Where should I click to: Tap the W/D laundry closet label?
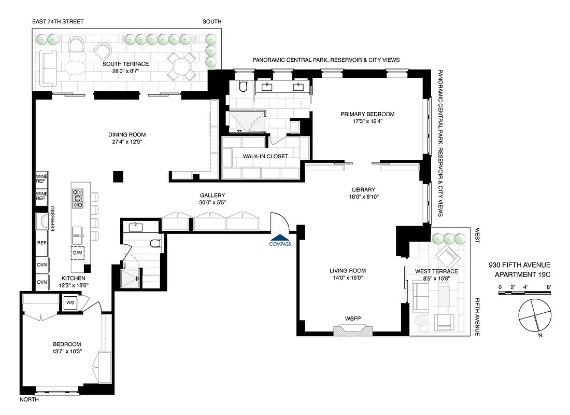[x=69, y=302]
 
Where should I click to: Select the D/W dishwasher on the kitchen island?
[x=78, y=253]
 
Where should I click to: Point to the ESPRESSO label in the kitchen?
[x=52, y=218]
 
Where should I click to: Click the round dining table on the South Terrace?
[x=182, y=66]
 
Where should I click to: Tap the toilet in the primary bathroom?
[x=245, y=86]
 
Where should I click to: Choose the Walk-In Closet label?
[x=265, y=156]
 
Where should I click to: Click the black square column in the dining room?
[x=119, y=176]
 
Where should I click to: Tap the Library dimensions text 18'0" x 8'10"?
[x=362, y=197]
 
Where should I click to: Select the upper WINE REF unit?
[x=41, y=179]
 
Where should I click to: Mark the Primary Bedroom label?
[x=367, y=114]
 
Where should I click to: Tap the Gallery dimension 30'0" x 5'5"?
[x=212, y=203]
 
